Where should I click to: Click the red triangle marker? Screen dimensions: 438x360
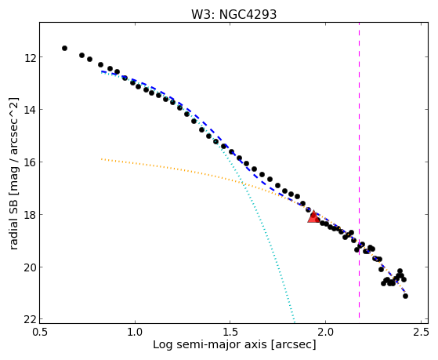tap(313, 216)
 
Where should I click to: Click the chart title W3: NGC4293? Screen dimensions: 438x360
tap(233, 15)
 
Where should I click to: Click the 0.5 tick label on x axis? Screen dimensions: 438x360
tap(40, 332)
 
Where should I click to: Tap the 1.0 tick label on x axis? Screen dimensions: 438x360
tap(135, 332)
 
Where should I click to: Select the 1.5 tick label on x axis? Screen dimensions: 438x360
tap(230, 332)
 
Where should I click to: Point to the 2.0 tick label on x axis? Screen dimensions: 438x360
tap(325, 332)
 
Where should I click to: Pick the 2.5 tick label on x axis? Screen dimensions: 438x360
tap(421, 332)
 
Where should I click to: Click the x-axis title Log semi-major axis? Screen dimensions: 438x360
tap(210, 345)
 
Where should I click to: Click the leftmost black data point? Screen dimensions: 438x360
tap(64, 48)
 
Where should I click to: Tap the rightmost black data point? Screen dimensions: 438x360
tap(405, 296)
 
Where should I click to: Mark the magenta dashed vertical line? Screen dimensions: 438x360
tap(359, 170)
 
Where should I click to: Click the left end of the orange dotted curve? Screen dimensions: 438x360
tap(102, 159)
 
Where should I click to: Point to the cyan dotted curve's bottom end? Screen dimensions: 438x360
tap(295, 321)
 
